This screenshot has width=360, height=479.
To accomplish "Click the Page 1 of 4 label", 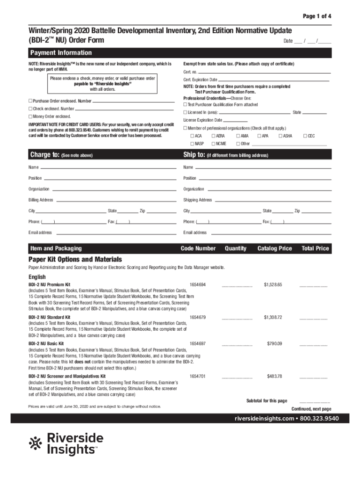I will pos(317,16).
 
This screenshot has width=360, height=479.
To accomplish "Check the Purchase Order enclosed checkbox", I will pos(30,101).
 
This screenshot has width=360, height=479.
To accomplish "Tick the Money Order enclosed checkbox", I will pos(30,116).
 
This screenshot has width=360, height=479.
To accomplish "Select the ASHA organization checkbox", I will pos(280,136).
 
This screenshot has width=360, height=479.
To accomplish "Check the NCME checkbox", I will pos(213,144).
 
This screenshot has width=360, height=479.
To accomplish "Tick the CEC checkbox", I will pos(305,136).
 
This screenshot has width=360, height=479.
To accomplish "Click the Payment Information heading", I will pos(61,53).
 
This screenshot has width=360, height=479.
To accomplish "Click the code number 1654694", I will pos(198,284).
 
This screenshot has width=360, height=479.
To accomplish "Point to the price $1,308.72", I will pos(273,317).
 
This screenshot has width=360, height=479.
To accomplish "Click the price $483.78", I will pos(274,376).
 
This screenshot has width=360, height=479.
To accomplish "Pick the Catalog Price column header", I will pos(274,248).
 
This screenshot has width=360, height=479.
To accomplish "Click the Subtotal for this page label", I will pos(266,401).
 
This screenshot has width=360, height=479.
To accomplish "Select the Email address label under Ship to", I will pos(195,232).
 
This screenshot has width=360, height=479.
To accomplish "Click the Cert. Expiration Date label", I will pos(200,80).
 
